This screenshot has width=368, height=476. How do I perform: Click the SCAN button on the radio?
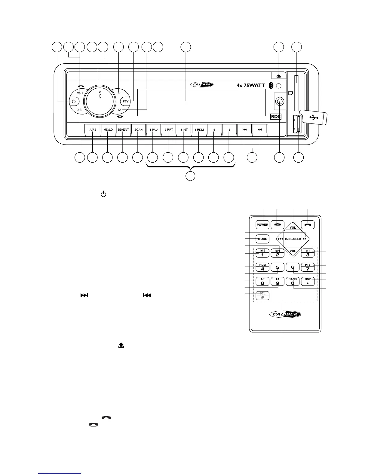(x=138, y=130)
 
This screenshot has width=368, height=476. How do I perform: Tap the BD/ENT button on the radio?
(x=123, y=130)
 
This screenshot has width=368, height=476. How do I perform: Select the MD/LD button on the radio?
(x=108, y=130)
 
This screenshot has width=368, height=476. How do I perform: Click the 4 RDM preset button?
(x=199, y=130)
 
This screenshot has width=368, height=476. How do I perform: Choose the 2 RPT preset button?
(x=169, y=130)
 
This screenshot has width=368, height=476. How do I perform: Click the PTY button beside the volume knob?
(x=125, y=102)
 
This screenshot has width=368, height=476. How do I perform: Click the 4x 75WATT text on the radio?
(x=251, y=85)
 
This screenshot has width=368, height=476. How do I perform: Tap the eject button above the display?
(x=279, y=75)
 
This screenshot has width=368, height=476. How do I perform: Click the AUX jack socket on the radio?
(x=280, y=102)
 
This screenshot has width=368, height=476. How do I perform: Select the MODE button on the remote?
(x=262, y=239)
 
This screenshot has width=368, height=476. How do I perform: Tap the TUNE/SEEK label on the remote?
(x=293, y=239)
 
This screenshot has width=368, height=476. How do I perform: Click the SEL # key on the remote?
(x=262, y=295)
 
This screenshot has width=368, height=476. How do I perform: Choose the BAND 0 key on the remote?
(x=293, y=281)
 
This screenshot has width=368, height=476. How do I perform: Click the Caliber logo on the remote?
(x=285, y=314)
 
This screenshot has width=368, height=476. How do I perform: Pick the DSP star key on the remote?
(x=308, y=281)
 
